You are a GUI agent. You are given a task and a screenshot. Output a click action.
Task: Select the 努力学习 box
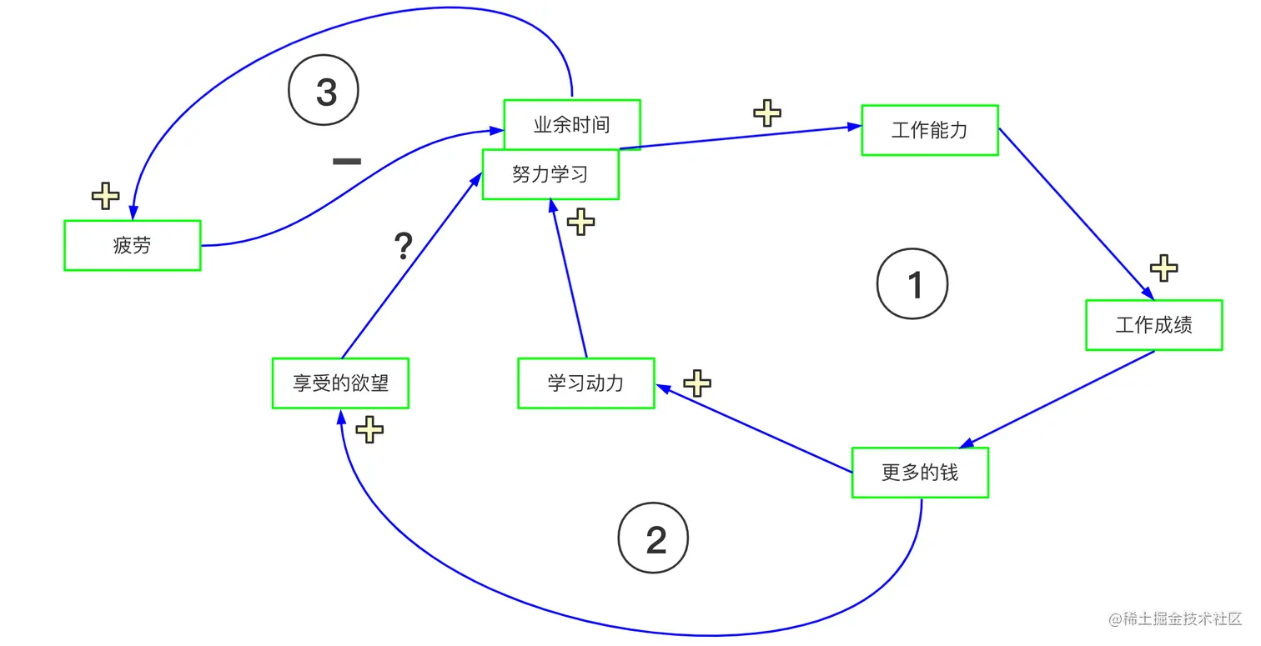coord(550,175)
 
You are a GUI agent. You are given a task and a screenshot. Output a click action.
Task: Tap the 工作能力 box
coord(930,130)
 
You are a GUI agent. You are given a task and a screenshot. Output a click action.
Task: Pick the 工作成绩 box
coord(1153,325)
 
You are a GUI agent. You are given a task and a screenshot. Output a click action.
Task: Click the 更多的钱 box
coord(920,473)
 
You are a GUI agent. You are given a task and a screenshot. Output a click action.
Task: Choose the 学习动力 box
coord(585,383)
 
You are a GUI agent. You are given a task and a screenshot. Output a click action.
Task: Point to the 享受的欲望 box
coord(340,383)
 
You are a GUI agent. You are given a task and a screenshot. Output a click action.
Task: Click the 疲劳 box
coord(132,245)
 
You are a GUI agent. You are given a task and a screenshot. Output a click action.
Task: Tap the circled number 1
coord(912,284)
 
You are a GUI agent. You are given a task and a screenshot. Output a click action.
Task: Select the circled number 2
coord(654,538)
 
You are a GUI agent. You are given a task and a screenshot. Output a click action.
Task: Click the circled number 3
coord(324,91)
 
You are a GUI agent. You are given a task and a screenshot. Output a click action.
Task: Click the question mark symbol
coord(403,246)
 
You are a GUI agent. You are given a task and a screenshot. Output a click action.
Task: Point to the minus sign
coord(347,161)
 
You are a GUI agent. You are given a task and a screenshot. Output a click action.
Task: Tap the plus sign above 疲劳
coord(105,197)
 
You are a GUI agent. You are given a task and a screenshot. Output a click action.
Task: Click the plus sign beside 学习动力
coord(697,383)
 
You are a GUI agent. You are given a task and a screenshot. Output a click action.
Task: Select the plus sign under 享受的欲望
coord(369,430)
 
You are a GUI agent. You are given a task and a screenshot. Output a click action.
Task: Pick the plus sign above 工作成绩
coord(1163,268)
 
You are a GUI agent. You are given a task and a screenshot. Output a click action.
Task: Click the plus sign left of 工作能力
coord(767,113)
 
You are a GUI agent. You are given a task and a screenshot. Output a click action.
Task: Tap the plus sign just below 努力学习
coord(580,222)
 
